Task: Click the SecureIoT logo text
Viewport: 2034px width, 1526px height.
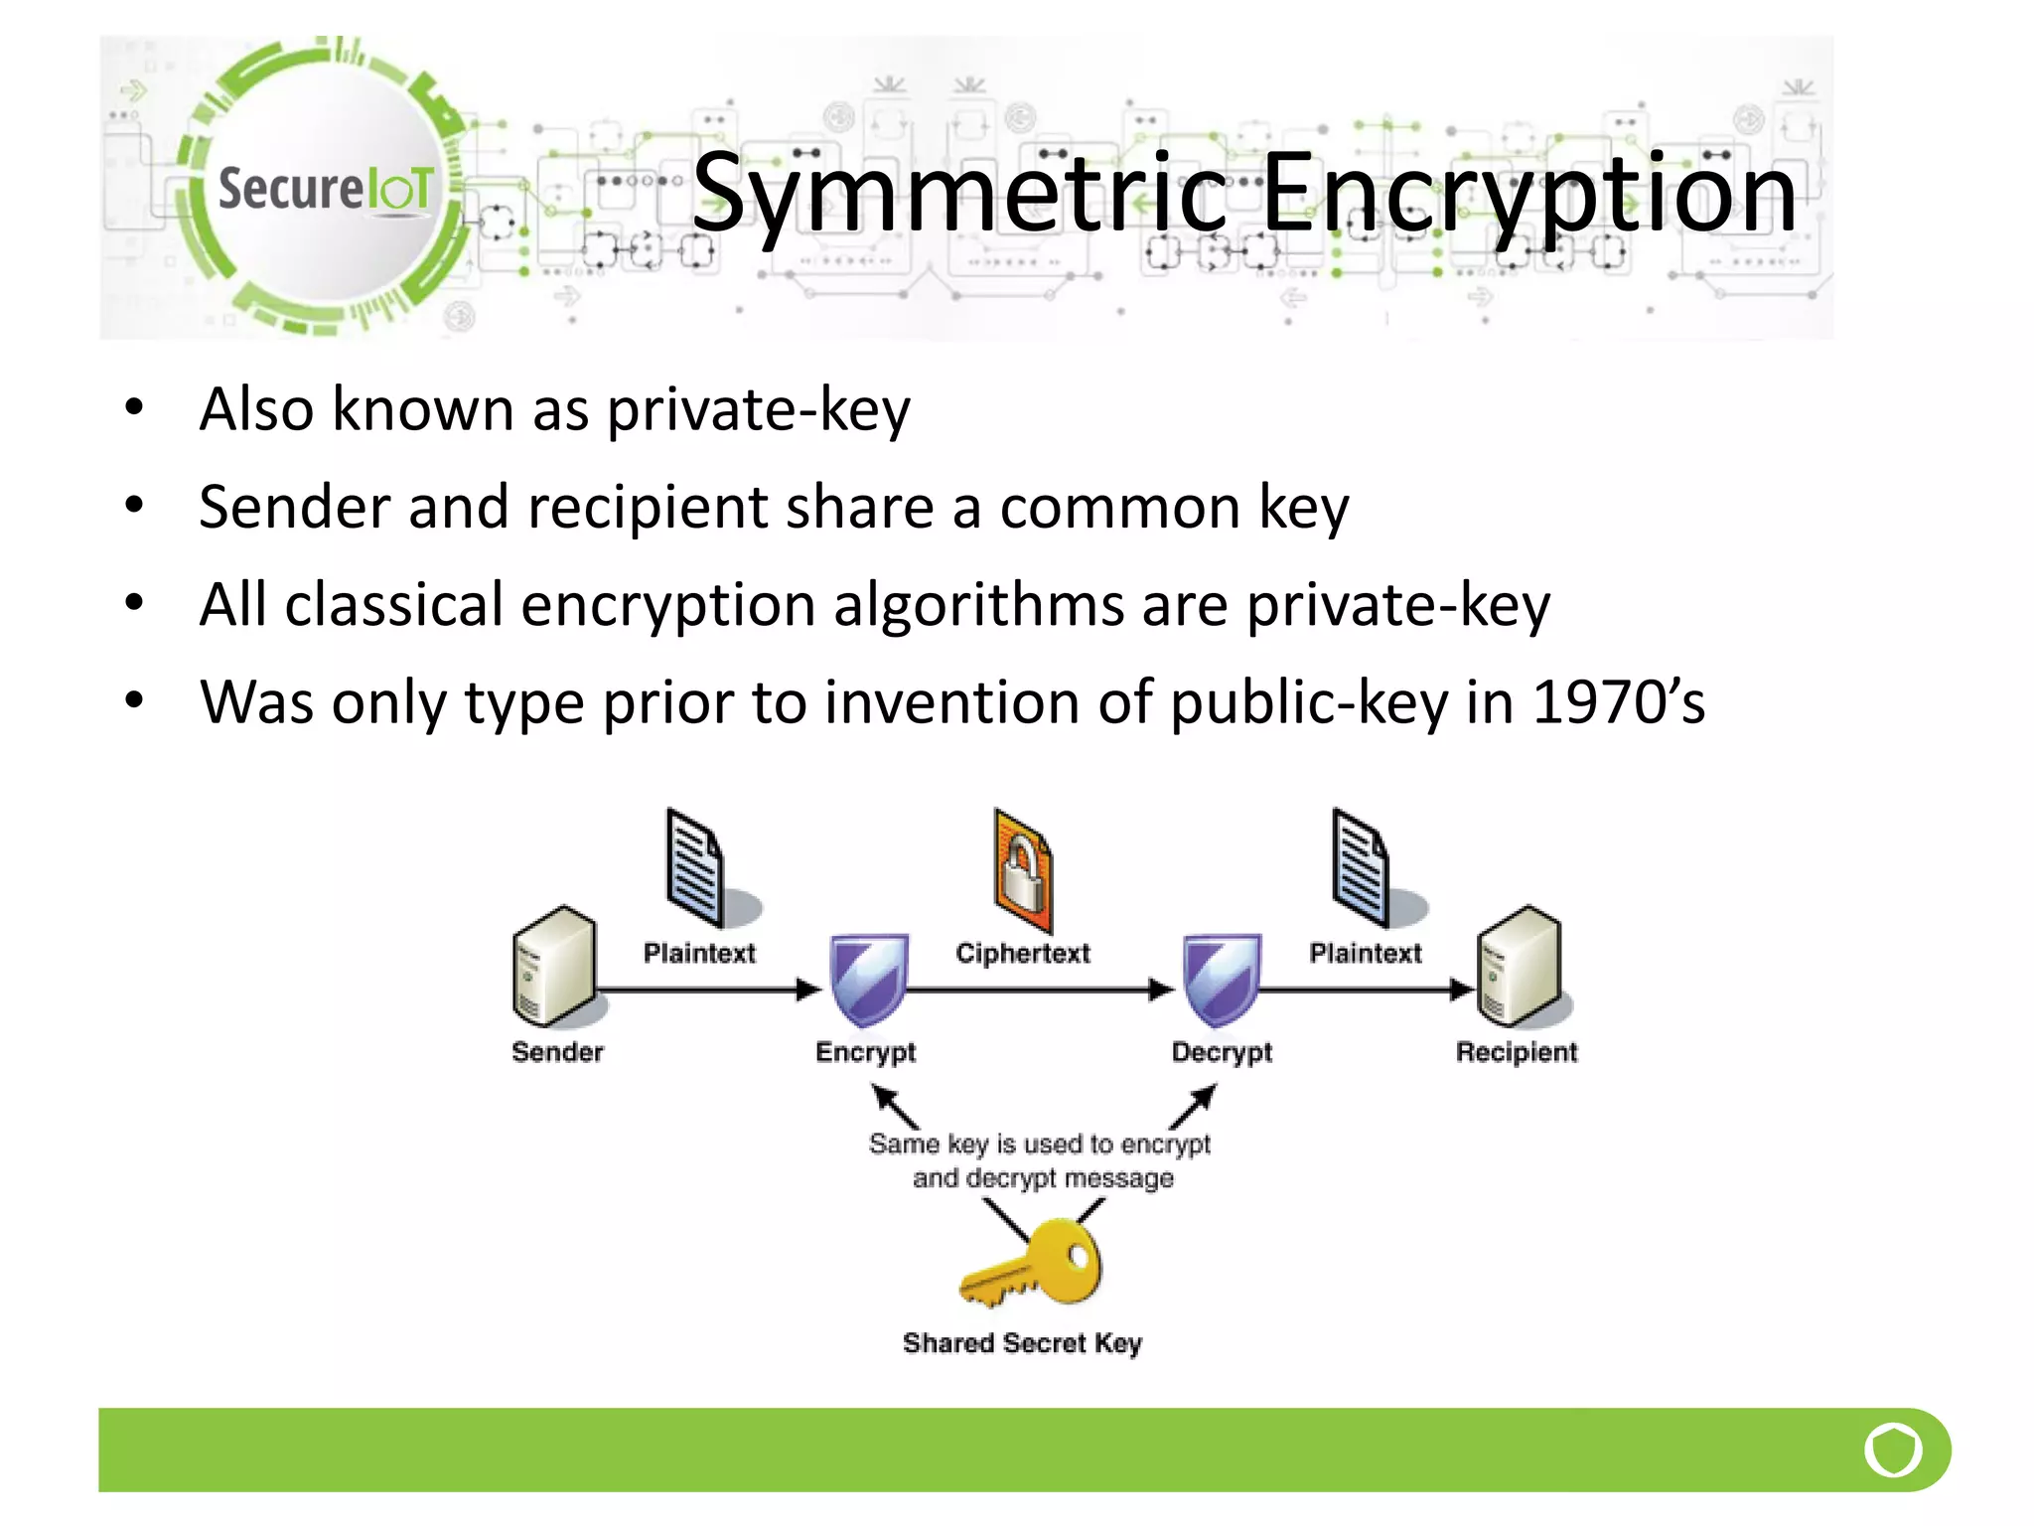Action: pyautogui.click(x=326, y=189)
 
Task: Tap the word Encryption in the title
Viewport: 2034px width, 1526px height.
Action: pyautogui.click(x=1529, y=194)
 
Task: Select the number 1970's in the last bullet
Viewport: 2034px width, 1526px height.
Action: pyautogui.click(x=1619, y=702)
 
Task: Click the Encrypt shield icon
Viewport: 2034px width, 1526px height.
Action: pyautogui.click(x=868, y=979)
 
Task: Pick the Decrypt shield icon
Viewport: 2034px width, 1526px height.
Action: pyautogui.click(x=1221, y=979)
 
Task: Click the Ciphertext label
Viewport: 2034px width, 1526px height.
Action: pyautogui.click(x=1023, y=954)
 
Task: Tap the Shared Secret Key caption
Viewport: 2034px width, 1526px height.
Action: pyautogui.click(x=1023, y=1343)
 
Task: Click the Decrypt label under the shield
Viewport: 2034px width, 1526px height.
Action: pyautogui.click(x=1222, y=1052)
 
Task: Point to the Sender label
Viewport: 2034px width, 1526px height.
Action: pyautogui.click(x=557, y=1052)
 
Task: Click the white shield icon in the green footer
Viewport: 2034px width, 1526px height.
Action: pyautogui.click(x=1893, y=1450)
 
